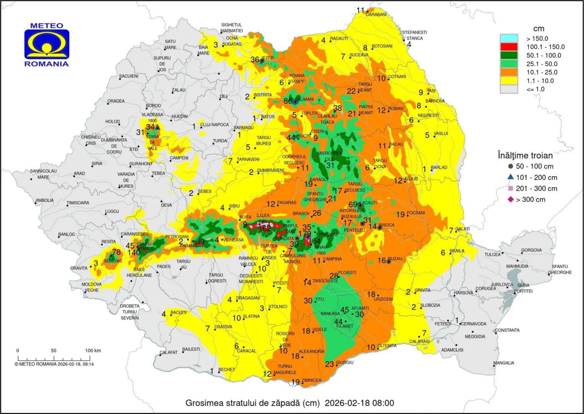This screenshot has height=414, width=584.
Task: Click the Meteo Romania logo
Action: click(x=47, y=44)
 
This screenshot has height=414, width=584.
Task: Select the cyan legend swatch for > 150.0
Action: click(x=508, y=38)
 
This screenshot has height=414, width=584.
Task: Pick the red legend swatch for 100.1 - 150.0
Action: click(x=508, y=47)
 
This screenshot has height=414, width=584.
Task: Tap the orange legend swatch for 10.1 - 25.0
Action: click(x=508, y=72)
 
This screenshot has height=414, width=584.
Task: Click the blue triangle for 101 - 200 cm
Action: click(x=511, y=177)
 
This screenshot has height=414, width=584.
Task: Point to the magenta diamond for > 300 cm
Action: click(x=511, y=199)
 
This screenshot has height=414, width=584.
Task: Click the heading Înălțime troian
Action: click(x=525, y=156)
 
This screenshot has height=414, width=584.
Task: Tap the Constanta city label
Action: click(x=508, y=330)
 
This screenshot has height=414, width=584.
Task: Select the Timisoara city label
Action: click(x=78, y=203)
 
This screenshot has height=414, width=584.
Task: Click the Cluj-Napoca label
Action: click(x=214, y=125)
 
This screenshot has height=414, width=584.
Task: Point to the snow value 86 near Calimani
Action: click(x=288, y=101)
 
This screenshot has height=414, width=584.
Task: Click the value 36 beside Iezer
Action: click(x=255, y=60)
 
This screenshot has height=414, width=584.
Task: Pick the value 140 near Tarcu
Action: click(x=134, y=253)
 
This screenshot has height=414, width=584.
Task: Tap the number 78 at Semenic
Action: click(x=116, y=252)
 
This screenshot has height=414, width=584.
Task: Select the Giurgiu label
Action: click(x=345, y=363)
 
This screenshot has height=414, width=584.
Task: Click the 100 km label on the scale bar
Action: click(x=93, y=351)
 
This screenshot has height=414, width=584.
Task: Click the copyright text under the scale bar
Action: click(x=54, y=364)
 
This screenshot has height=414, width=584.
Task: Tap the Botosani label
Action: click(x=382, y=46)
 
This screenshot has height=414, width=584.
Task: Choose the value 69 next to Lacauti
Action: click(x=353, y=204)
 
